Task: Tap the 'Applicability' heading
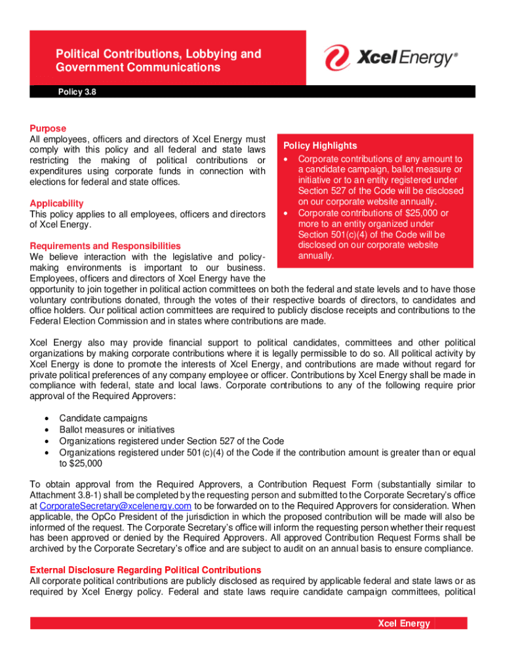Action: pos(56,204)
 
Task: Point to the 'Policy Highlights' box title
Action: pos(320,145)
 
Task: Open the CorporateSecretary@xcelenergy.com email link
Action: pos(115,506)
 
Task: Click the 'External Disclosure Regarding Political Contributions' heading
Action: pos(145,570)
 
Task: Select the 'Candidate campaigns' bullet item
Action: pos(103,417)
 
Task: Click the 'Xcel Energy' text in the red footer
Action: pos(404,623)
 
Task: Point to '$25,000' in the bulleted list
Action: pos(81,463)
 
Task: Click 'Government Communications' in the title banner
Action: pos(138,67)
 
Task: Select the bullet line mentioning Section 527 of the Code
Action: pos(171,440)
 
